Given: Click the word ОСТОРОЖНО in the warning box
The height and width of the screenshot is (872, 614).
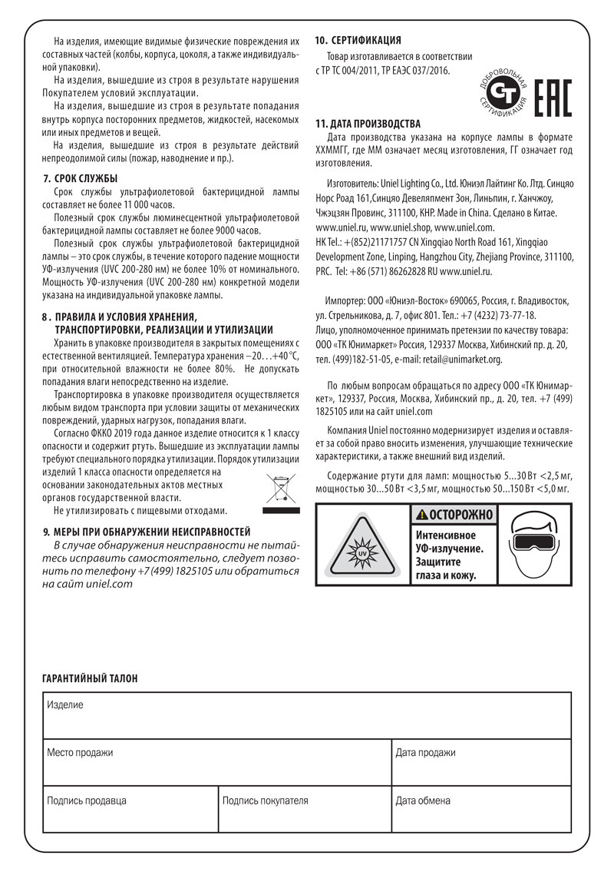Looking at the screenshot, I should (x=459, y=515).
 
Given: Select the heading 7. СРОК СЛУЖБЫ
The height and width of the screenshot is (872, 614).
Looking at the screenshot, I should (x=81, y=178).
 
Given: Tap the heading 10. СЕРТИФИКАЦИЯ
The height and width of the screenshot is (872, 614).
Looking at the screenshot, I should (x=359, y=40).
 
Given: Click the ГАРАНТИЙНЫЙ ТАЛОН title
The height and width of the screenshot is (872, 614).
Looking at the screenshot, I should (x=90, y=678).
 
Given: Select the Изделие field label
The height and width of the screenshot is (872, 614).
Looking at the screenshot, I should (x=65, y=705).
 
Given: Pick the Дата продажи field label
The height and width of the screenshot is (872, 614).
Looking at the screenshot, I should (x=426, y=753).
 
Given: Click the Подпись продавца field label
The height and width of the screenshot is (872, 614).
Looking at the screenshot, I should (x=87, y=801).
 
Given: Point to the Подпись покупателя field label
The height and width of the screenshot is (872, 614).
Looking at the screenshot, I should (x=265, y=801).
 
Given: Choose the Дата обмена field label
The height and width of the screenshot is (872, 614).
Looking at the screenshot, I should (x=423, y=801).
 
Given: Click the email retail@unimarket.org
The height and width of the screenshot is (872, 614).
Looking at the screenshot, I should (x=459, y=359).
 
